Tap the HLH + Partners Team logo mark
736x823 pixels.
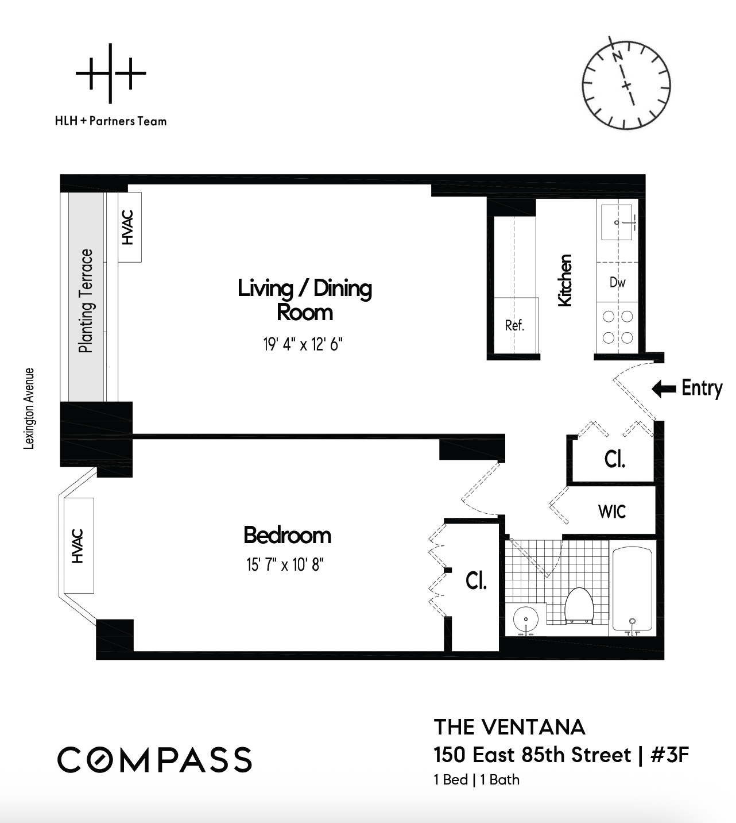click(x=111, y=74)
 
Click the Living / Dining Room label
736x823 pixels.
click(x=305, y=299)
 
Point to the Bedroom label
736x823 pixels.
click(x=287, y=535)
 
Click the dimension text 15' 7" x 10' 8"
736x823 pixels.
click(x=285, y=565)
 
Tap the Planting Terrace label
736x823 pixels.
click(x=86, y=301)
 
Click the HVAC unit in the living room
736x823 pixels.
click(x=129, y=227)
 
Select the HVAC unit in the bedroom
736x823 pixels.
click(x=79, y=545)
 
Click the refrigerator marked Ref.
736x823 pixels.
click(x=515, y=325)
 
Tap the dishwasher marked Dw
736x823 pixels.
click(x=617, y=282)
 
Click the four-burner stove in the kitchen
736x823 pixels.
click(x=617, y=326)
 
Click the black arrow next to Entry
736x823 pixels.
click(x=664, y=389)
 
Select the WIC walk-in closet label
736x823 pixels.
click(x=612, y=512)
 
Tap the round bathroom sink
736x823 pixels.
click(x=525, y=620)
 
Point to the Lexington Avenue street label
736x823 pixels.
click(x=29, y=409)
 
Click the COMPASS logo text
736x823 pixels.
click(x=154, y=760)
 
